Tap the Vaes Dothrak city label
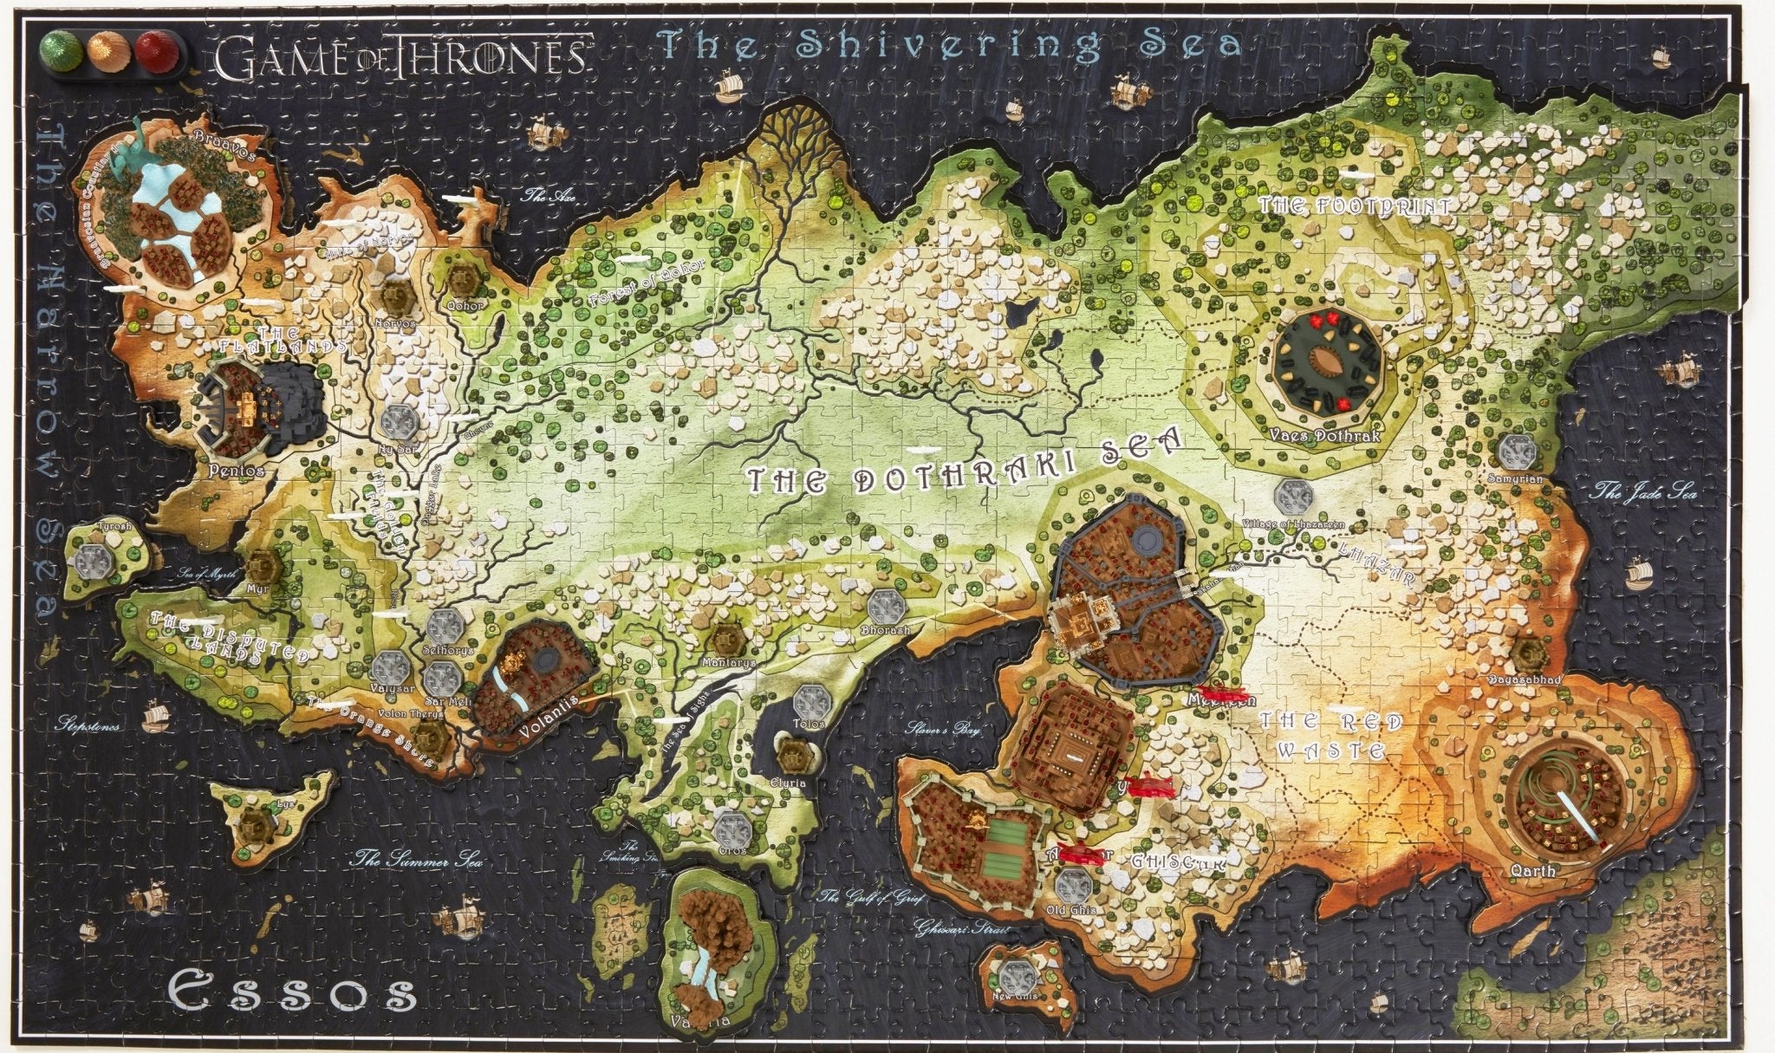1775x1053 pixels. [1326, 436]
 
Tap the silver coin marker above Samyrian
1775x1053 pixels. [1518, 451]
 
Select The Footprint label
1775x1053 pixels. [1354, 206]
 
